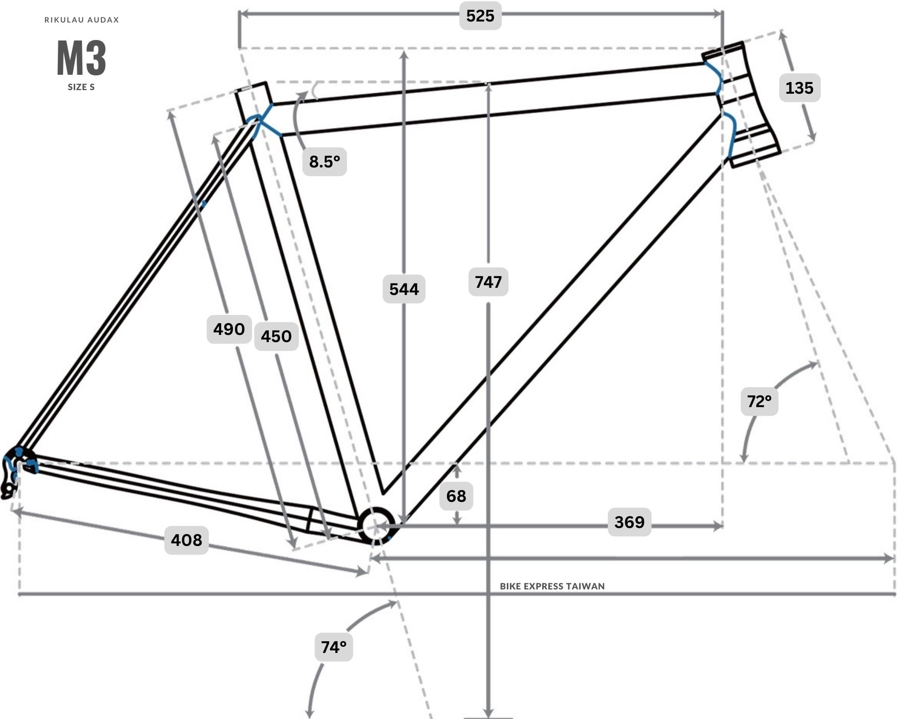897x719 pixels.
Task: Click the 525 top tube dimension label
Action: pos(480,16)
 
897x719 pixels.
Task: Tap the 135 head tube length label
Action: pos(799,88)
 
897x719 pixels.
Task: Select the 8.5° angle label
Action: pos(325,162)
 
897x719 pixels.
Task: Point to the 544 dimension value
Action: pos(404,289)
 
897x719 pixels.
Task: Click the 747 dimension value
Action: pos(488,282)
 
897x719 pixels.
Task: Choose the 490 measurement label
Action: pos(229,329)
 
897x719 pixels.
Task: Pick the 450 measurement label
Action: pos(276,336)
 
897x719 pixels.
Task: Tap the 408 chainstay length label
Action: pos(186,540)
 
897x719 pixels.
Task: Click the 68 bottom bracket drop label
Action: pos(456,496)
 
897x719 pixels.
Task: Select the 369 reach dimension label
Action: pos(629,522)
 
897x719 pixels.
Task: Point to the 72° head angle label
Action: pos(759,401)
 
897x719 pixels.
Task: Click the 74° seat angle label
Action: pos(334,647)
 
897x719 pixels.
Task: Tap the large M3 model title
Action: pos(81,58)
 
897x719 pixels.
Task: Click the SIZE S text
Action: pos(81,87)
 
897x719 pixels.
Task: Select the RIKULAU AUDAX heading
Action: pos(82,20)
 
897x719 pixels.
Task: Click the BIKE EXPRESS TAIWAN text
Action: pos(552,586)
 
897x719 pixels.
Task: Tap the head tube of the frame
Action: pos(741,105)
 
